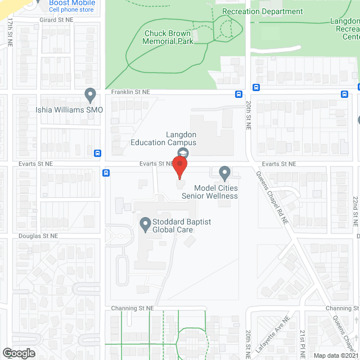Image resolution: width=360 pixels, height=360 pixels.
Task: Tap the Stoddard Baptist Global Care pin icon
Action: (145, 226)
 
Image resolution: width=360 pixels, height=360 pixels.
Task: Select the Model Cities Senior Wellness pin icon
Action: (224, 172)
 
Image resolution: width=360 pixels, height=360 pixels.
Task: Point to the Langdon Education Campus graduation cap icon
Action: (183, 153)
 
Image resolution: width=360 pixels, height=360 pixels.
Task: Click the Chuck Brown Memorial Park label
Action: (168, 37)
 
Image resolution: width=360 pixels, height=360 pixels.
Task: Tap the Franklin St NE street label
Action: (130, 92)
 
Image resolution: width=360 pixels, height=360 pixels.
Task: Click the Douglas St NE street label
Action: (38, 237)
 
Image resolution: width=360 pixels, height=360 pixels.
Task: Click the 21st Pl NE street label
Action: (302, 344)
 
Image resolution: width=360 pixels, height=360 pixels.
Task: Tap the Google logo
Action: (18, 353)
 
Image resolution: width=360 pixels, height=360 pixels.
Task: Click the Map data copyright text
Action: (335, 355)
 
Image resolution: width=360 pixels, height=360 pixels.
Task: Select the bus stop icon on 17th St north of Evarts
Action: (98, 152)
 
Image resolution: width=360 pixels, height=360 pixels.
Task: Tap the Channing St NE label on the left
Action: (129, 308)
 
